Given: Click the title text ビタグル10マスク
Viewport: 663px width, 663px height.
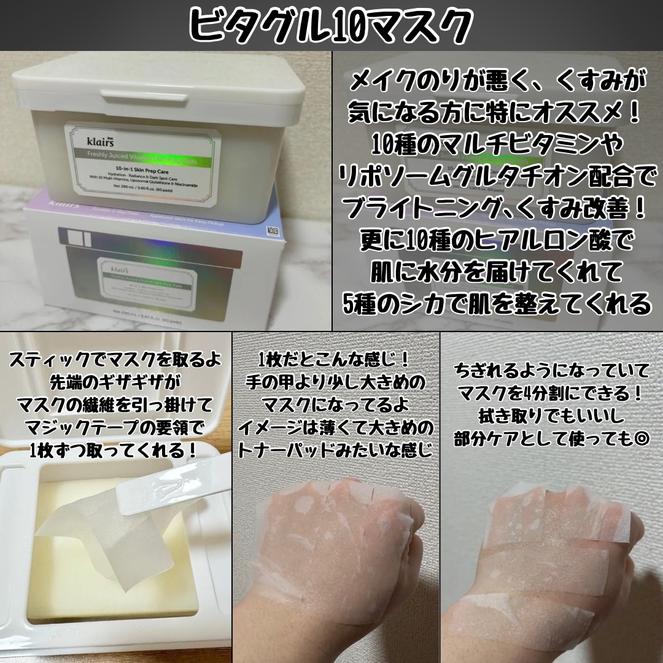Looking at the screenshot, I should pyautogui.click(x=331, y=25).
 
